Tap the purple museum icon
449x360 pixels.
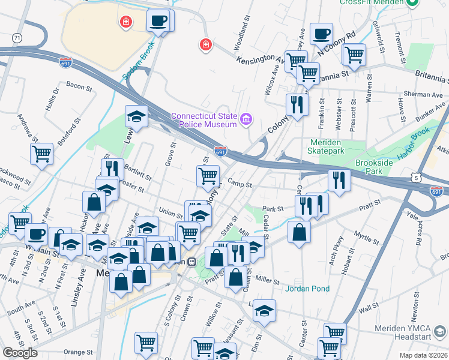click(246, 120)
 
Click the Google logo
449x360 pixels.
click(20, 352)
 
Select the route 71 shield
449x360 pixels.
click(17, 38)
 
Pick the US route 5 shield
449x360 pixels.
click(416, 178)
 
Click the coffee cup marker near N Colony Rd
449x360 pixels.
click(321, 34)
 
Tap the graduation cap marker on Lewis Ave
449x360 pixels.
click(137, 116)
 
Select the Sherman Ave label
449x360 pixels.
click(423, 94)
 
